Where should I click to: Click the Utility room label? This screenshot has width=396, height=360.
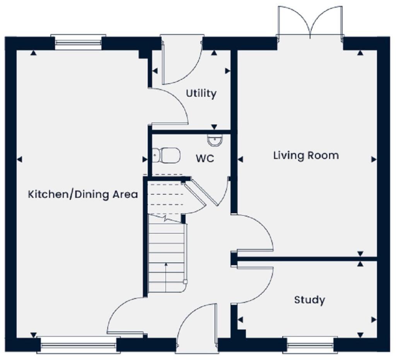(x=201, y=94)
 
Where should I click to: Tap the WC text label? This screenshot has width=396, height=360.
(x=205, y=159)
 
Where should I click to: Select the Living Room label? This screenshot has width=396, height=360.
(x=306, y=156)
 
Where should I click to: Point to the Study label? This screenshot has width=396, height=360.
(x=309, y=300)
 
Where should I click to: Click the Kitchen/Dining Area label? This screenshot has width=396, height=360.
(x=83, y=194)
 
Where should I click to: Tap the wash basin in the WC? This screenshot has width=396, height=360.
(x=215, y=140)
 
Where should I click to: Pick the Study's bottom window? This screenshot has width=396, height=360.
(x=308, y=344)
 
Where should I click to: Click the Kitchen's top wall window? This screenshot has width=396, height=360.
(x=79, y=42)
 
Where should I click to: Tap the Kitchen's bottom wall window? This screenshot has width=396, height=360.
(x=78, y=344)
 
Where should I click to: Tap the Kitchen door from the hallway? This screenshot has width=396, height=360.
(x=124, y=315)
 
